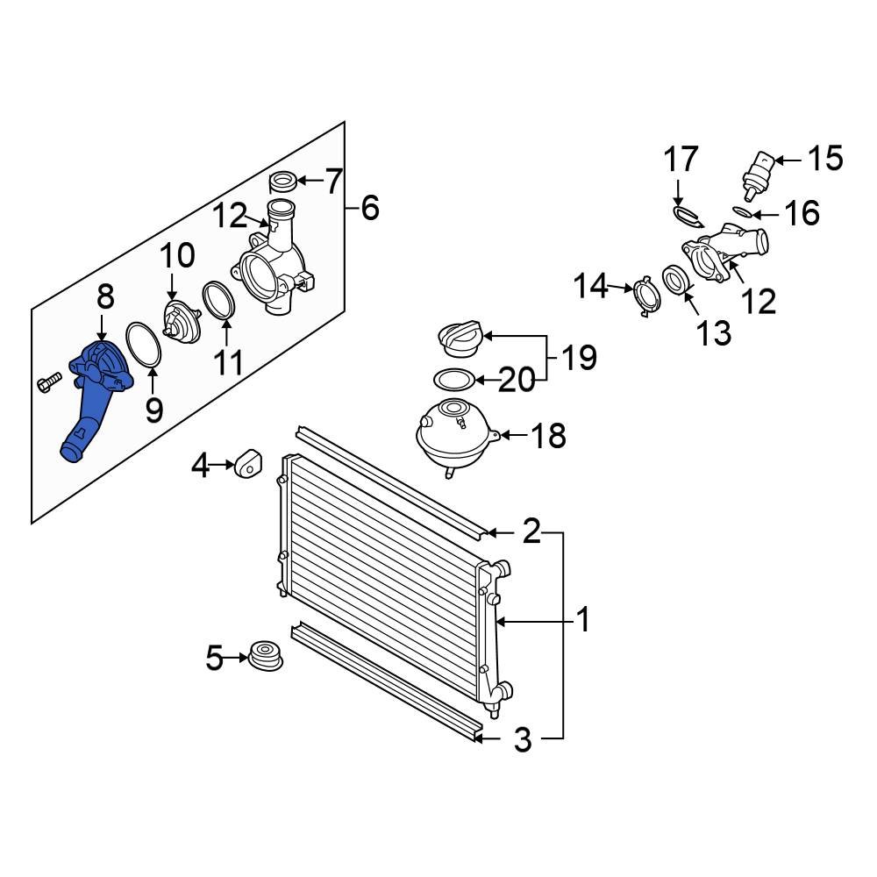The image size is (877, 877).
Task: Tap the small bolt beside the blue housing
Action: tap(47, 382)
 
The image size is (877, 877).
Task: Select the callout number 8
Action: tap(105, 297)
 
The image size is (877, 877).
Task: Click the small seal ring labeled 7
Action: tap(282, 182)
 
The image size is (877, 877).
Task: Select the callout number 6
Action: tap(369, 208)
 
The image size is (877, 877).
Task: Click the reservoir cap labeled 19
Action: tap(460, 339)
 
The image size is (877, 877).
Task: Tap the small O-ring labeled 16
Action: tap(740, 211)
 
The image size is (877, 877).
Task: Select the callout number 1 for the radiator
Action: tap(582, 622)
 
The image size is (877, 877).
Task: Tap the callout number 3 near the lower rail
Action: tap(522, 740)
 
